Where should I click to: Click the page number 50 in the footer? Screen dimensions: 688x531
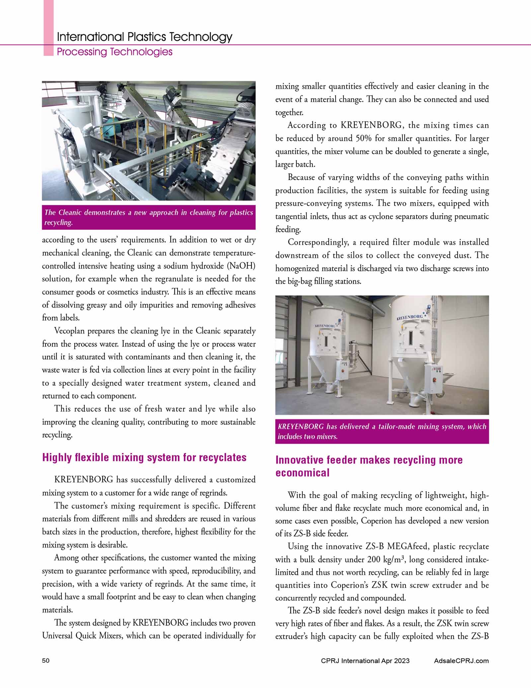46,661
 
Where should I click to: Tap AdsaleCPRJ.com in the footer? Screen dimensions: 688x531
461,661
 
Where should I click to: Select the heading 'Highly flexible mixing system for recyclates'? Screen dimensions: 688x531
144,457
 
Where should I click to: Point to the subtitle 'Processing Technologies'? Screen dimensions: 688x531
114,52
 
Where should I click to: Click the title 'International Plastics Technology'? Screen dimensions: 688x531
144,37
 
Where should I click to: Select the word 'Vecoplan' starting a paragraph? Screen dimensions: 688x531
69,331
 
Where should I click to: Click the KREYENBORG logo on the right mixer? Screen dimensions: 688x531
410,318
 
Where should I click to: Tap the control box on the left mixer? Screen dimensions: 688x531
342,370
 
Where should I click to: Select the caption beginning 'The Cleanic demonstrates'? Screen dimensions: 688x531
149,217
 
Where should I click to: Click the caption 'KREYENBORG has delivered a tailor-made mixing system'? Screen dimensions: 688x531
382,431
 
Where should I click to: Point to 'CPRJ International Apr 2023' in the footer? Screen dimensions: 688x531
365,661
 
